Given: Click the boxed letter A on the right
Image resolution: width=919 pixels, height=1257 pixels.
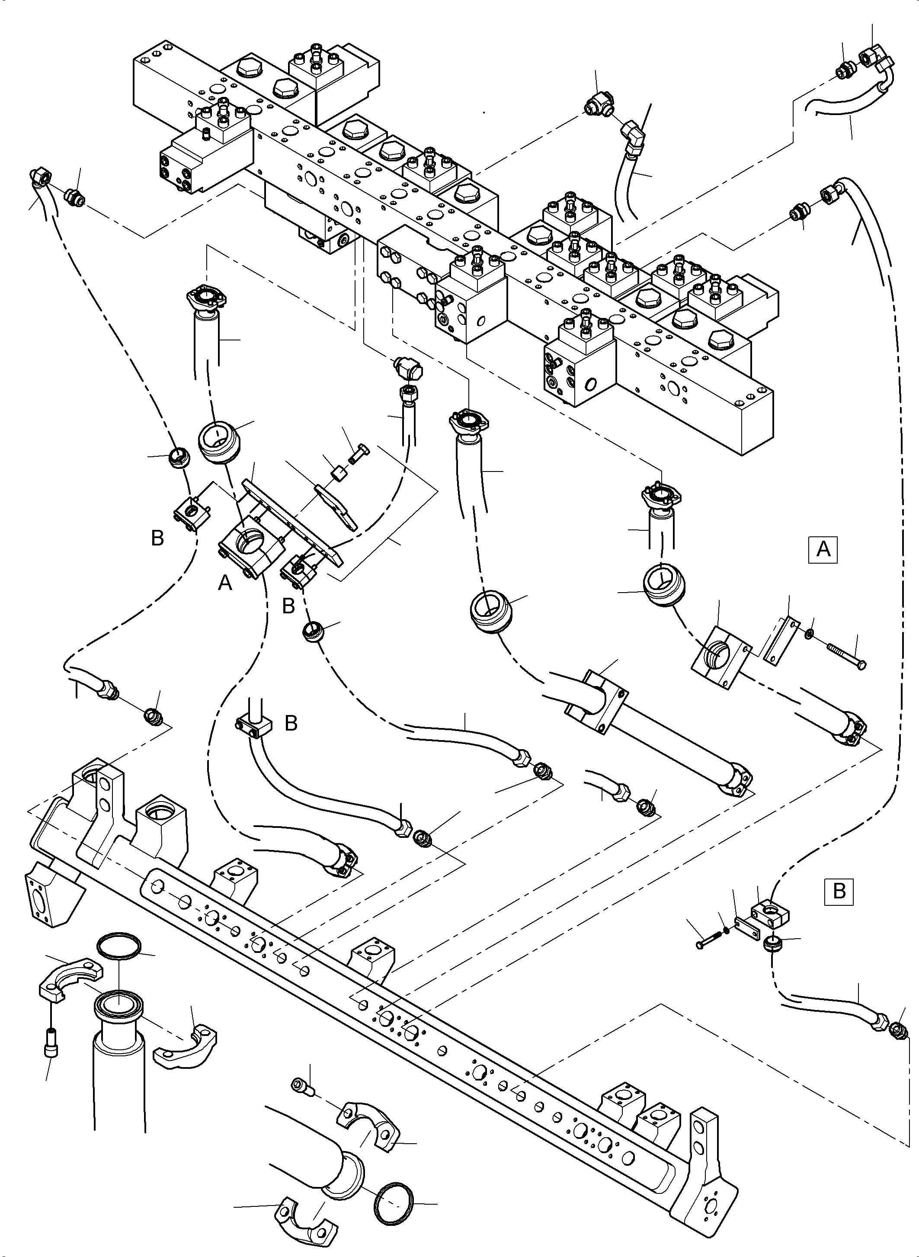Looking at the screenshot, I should point(823,550).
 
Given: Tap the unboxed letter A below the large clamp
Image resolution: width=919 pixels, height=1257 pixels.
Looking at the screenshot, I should point(225,583).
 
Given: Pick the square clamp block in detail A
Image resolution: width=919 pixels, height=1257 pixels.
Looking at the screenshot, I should point(720,655).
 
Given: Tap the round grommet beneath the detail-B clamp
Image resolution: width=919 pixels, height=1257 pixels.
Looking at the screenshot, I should point(772,943).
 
